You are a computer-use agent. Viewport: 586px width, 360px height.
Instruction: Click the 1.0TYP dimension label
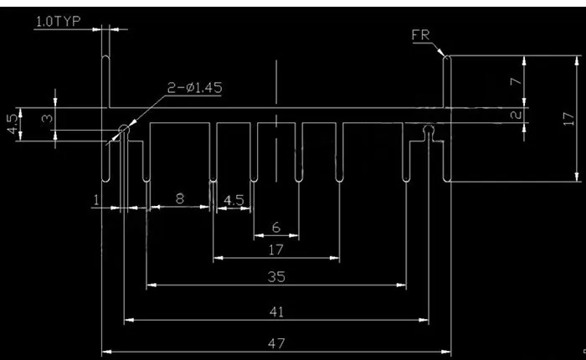(x=58, y=22)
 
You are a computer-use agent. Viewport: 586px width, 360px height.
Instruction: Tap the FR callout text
(x=421, y=35)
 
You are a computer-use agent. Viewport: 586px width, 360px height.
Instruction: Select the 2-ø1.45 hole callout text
(x=195, y=88)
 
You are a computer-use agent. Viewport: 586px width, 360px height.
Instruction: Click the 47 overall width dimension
(x=276, y=343)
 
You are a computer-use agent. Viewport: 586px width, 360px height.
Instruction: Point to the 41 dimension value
(x=276, y=311)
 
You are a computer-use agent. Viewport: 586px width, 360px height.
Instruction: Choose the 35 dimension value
(x=276, y=277)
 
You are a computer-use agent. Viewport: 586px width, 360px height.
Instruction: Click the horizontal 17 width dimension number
(x=276, y=249)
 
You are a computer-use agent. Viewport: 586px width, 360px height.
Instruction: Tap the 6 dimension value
(x=276, y=227)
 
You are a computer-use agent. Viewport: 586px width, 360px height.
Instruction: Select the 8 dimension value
(x=180, y=198)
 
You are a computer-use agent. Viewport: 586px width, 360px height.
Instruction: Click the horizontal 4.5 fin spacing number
(x=234, y=200)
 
